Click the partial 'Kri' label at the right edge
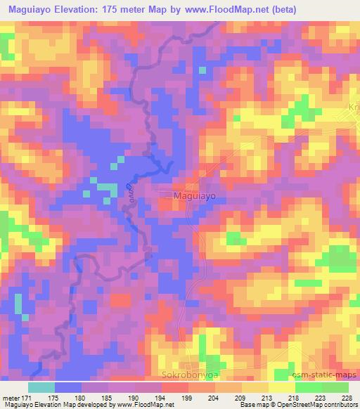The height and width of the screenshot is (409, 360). tap(354, 106)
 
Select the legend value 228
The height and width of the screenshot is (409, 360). tap(347, 397)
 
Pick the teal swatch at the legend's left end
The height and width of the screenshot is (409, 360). tap(41, 387)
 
